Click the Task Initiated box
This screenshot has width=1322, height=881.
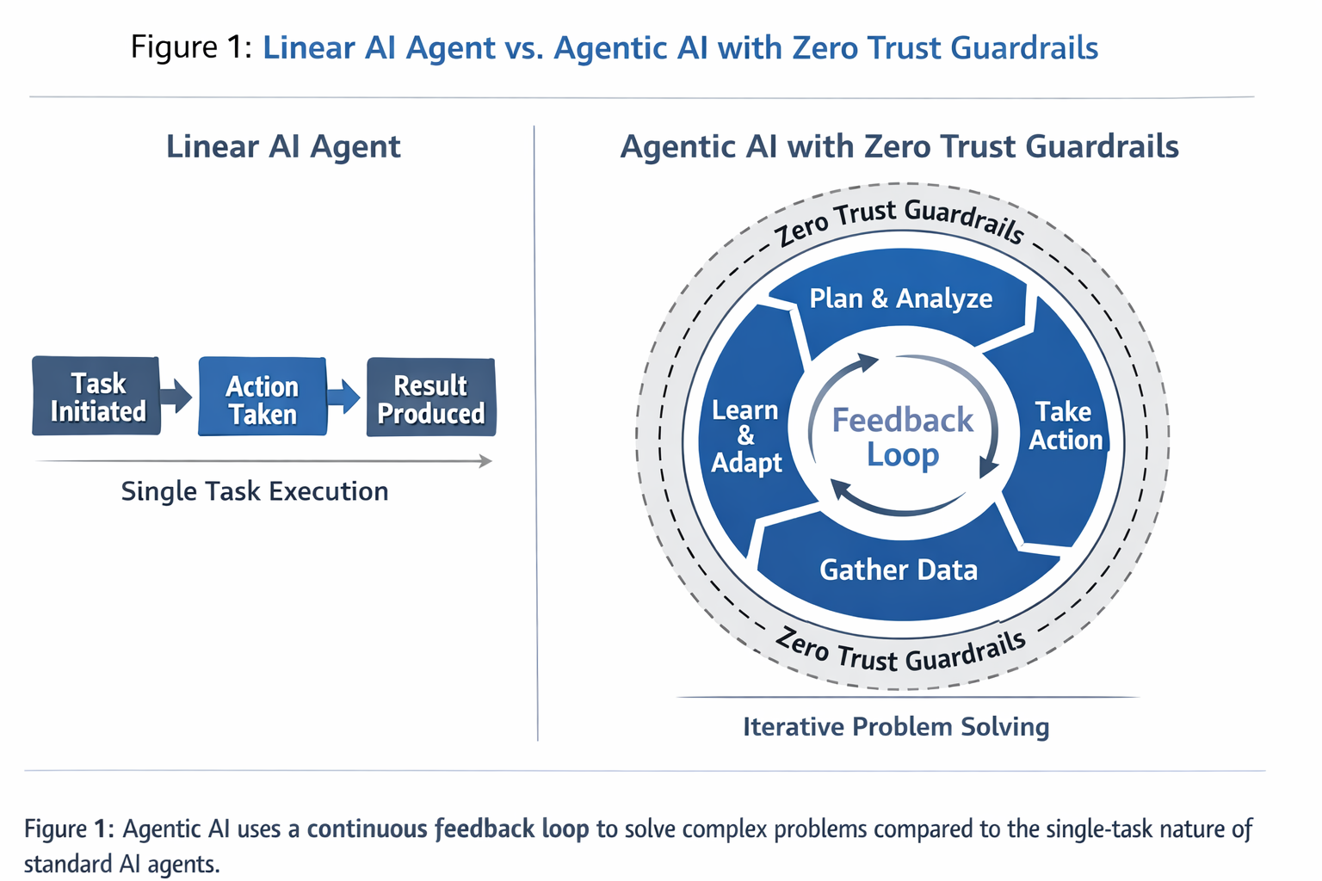[96, 397]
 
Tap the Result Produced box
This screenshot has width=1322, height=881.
[430, 398]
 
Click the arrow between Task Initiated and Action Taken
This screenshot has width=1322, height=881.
[177, 397]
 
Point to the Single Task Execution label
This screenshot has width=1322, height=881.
[255, 491]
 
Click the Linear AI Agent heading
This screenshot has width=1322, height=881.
[283, 147]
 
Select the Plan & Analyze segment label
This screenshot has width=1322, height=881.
[900, 299]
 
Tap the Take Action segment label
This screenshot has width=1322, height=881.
[1065, 426]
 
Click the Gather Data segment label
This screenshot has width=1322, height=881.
[899, 570]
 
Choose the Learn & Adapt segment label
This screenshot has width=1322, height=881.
[746, 436]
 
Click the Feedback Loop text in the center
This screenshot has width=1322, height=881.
[902, 437]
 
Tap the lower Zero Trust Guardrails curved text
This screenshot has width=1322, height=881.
[900, 652]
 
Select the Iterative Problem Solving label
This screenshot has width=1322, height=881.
[896, 727]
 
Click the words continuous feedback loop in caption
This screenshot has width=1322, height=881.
[448, 829]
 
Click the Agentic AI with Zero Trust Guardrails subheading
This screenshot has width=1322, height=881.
[899, 147]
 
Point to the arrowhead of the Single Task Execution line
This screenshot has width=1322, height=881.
[486, 462]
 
